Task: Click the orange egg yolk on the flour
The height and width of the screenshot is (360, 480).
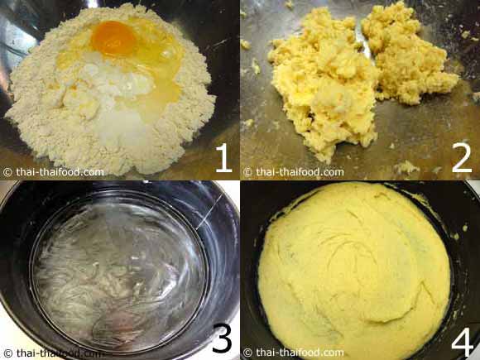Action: (x=113, y=39)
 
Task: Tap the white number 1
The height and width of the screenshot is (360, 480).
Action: (x=223, y=158)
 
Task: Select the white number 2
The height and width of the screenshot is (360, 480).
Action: (x=462, y=158)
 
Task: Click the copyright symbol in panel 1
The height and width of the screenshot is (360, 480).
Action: (x=7, y=172)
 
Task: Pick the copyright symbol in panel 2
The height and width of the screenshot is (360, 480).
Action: (x=247, y=172)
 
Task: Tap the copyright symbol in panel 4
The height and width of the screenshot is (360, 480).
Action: (x=247, y=353)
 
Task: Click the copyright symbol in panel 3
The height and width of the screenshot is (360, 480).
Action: (x=7, y=353)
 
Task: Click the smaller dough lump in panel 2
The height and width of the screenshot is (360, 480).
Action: (x=409, y=55)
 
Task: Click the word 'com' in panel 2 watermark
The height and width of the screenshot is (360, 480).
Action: (x=333, y=172)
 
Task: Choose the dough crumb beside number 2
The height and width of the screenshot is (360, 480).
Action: (x=406, y=167)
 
